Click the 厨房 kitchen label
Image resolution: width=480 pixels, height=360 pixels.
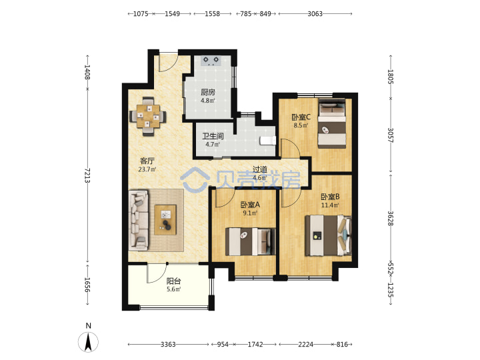point(208,92)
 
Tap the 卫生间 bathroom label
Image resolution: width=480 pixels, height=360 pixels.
point(213,136)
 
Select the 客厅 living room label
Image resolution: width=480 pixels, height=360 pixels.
point(147,161)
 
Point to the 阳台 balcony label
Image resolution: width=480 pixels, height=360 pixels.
point(173,281)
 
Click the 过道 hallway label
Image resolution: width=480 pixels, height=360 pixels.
point(259,169)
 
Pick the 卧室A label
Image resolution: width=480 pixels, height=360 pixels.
point(250,204)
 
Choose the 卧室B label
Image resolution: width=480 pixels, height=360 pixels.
point(330,197)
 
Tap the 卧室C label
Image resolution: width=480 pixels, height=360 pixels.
point(301,117)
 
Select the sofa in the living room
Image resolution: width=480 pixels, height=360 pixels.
point(139,220)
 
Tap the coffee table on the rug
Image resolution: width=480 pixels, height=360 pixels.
point(165,220)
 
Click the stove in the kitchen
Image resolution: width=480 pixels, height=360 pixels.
point(211,61)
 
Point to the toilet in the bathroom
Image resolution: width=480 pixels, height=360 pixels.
point(268,141)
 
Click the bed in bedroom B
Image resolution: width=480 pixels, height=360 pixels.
point(328,235)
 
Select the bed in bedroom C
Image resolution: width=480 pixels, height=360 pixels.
point(332,123)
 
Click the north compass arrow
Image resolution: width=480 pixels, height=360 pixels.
point(89,342)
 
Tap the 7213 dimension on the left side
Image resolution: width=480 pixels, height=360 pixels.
point(87,175)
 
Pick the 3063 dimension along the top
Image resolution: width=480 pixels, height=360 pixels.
point(315,14)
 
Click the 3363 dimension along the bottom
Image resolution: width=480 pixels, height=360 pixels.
point(168,345)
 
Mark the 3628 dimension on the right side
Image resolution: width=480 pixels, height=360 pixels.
point(391,218)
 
